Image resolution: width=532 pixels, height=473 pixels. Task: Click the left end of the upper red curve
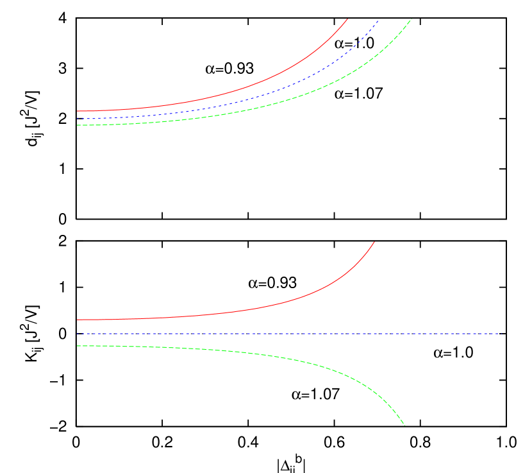[x=78, y=111]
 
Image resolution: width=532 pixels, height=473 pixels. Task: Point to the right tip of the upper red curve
[x=347, y=19]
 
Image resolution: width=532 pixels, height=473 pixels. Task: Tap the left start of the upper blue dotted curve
[x=78, y=119]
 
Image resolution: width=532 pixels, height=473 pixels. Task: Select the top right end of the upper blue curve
[x=378, y=21]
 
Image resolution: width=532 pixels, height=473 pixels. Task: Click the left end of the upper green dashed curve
[x=78, y=125]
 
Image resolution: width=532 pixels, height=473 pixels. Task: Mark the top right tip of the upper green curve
[x=411, y=19]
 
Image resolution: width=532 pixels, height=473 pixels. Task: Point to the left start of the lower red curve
[x=78, y=320]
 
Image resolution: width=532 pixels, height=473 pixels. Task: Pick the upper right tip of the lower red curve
[x=374, y=242]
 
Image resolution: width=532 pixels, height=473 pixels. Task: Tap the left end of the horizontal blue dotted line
[x=78, y=334]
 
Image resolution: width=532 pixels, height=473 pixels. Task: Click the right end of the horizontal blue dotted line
[x=501, y=334]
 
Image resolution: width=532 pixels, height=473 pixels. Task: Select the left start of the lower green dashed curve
[x=78, y=346]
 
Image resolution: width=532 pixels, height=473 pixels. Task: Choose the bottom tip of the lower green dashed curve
[x=404, y=425]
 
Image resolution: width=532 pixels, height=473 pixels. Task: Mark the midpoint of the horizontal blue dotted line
[x=289, y=334]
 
